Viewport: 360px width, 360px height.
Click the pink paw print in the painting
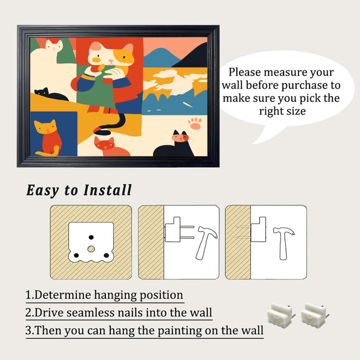pos(195,123)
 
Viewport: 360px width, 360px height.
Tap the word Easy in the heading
pos(42,190)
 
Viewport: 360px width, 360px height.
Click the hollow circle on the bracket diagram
pos(91,249)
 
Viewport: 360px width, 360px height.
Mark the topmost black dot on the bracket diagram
pos(91,237)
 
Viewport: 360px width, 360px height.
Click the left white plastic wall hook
pos(279,313)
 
